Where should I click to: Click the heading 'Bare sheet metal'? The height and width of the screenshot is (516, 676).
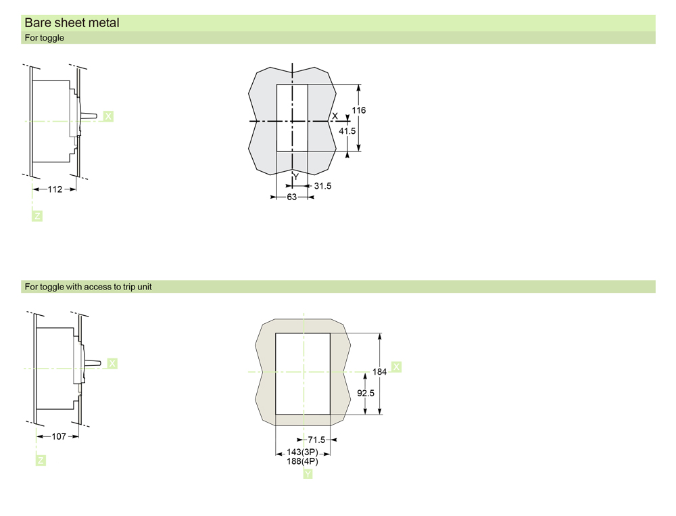pyautogui.click(x=72, y=23)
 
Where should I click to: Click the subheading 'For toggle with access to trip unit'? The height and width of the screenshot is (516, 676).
pyautogui.click(x=88, y=287)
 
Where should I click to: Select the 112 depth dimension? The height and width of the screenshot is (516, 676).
pyautogui.click(x=55, y=189)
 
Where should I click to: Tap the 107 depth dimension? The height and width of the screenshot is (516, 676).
pyautogui.click(x=59, y=437)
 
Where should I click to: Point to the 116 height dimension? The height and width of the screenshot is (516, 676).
pyautogui.click(x=359, y=110)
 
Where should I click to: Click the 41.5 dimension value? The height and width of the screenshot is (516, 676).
pyautogui.click(x=347, y=131)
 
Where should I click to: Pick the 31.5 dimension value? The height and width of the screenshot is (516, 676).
pyautogui.click(x=322, y=186)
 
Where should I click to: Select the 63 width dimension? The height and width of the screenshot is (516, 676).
pyautogui.click(x=292, y=197)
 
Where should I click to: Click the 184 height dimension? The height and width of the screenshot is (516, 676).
pyautogui.click(x=379, y=372)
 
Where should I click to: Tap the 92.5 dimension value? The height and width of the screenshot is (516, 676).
pyautogui.click(x=366, y=393)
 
